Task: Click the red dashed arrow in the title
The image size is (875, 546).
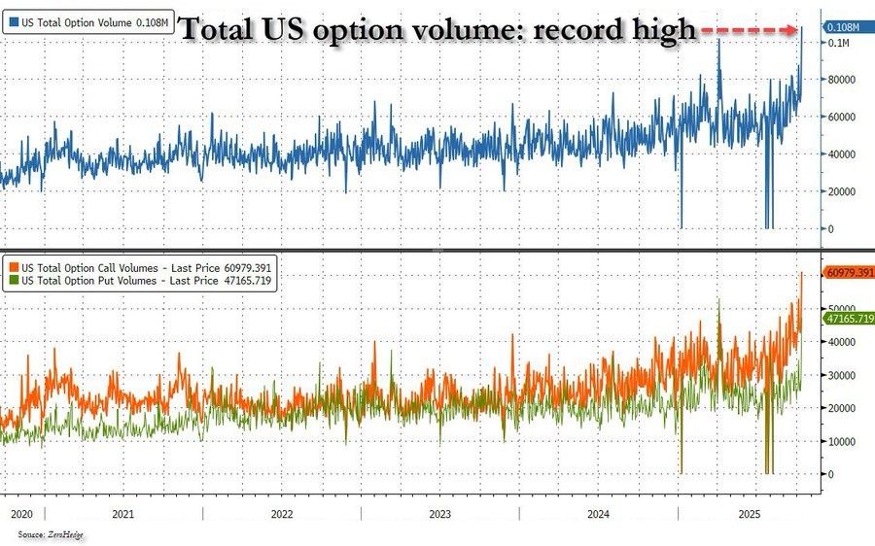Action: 750,31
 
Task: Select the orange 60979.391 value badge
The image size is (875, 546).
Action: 849,272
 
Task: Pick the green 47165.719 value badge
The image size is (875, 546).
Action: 849,319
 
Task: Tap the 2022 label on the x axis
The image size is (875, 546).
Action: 281,513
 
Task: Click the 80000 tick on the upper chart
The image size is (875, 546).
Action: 842,80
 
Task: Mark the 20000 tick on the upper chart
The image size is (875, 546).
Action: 842,191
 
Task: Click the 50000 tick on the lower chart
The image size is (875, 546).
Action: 842,309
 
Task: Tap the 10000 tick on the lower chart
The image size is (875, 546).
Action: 842,441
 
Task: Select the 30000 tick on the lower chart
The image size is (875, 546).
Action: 842,375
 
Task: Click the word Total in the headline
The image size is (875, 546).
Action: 224,30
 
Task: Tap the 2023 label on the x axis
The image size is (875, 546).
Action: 438,513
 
